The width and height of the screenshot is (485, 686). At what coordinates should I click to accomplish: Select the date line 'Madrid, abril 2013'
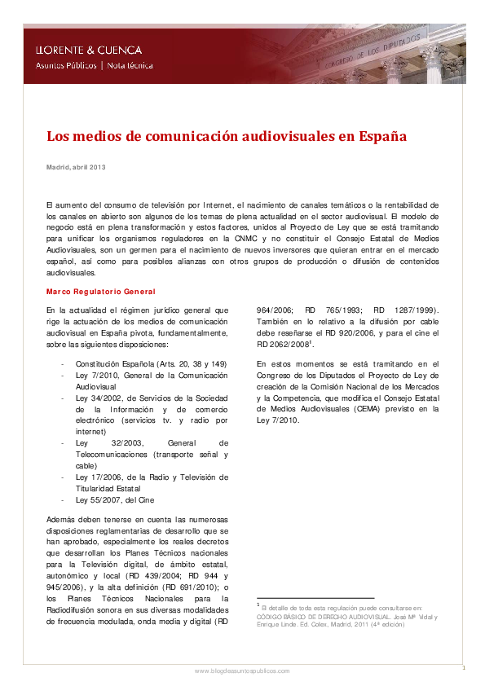click(76, 167)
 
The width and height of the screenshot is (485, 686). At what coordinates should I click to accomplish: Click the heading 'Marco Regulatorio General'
click(101, 291)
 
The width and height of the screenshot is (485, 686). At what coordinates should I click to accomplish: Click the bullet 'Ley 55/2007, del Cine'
click(114, 499)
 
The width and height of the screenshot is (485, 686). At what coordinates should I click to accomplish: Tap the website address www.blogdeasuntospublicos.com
click(241, 671)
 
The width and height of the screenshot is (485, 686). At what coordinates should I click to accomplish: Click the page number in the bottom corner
click(463, 667)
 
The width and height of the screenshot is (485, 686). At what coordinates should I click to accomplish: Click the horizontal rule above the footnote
click(315, 598)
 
